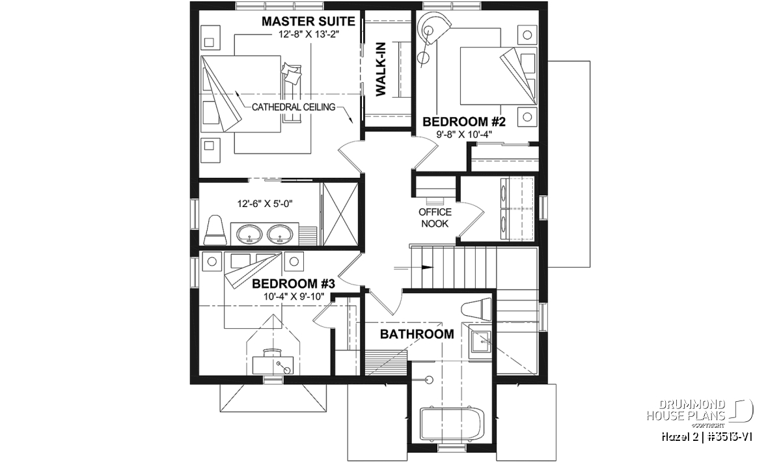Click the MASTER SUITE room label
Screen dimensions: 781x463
click(x=308, y=21)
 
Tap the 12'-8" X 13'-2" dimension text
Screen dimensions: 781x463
click(x=308, y=35)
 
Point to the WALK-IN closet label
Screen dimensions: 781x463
click(x=381, y=69)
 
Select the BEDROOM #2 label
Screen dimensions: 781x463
click(x=463, y=122)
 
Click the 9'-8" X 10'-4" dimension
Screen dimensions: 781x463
click(x=464, y=134)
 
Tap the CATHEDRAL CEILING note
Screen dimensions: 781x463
click(x=294, y=107)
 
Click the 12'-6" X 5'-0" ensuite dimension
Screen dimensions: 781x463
click(x=265, y=203)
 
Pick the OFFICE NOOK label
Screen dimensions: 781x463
click(x=435, y=217)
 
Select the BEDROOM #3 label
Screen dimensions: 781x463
click(x=294, y=284)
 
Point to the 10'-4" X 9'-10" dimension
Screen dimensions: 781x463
click(x=294, y=296)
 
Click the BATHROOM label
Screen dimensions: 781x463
click(x=417, y=334)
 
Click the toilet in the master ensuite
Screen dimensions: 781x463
click(x=214, y=230)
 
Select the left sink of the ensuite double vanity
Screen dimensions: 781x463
click(x=249, y=234)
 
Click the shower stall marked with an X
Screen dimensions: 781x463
click(x=340, y=214)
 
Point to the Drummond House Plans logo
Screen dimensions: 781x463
click(x=700, y=414)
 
